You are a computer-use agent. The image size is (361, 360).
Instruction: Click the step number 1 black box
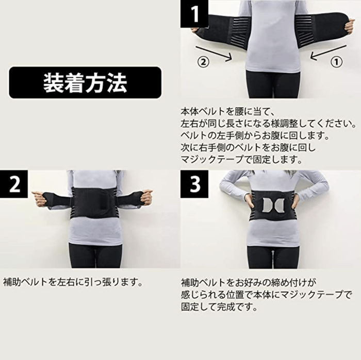click(195, 13)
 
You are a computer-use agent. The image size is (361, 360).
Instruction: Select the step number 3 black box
click(195, 185)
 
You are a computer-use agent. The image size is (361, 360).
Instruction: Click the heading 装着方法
click(85, 82)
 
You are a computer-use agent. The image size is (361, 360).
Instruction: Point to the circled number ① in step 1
click(336, 61)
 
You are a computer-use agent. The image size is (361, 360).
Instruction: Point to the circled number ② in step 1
click(204, 61)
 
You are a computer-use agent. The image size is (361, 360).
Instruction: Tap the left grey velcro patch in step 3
click(266, 205)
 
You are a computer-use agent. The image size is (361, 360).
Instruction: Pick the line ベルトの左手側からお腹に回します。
click(254, 136)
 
